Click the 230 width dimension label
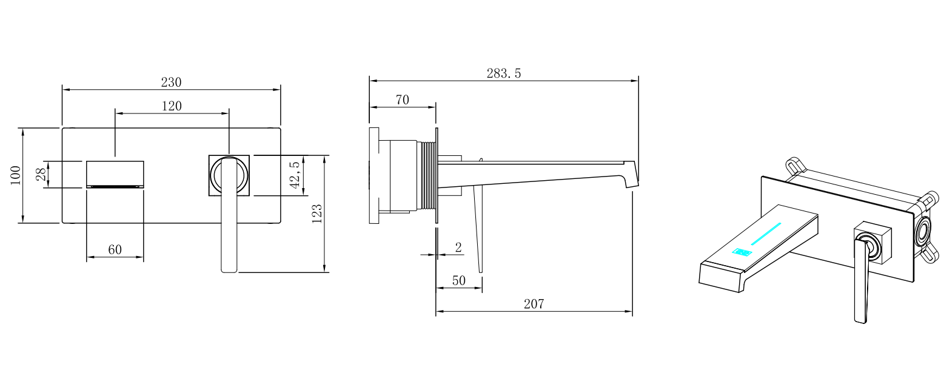171,82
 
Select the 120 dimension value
172,106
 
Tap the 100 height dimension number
15,175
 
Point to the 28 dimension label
41,174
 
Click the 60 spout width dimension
115,250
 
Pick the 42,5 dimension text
295,175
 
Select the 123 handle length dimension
317,214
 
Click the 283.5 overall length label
504,73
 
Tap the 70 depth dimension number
403,100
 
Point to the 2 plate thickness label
458,248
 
